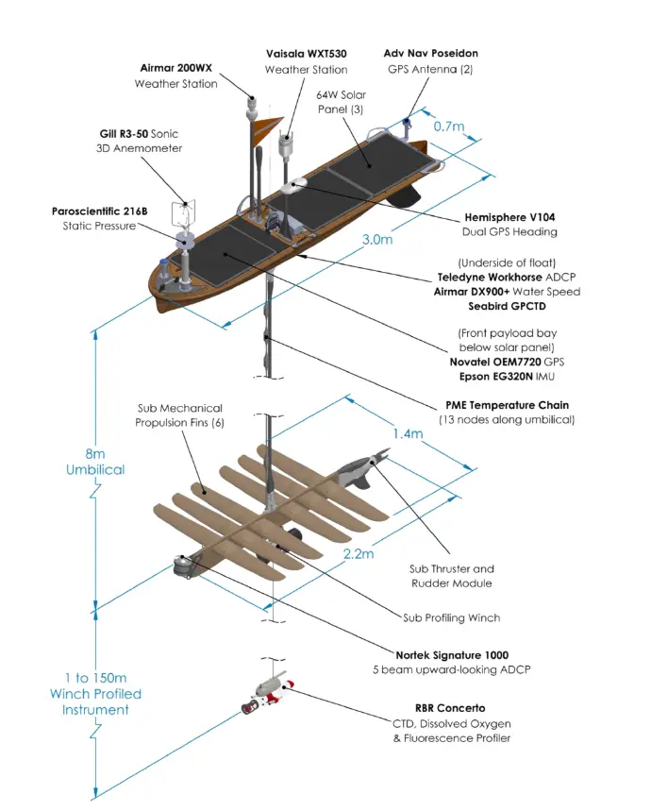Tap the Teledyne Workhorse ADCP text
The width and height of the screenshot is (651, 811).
click(x=509, y=278)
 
